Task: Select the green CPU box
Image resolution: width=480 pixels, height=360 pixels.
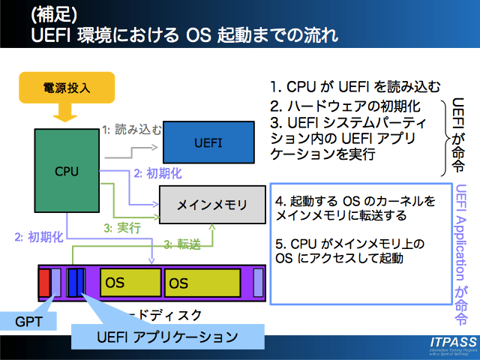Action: click(66, 170)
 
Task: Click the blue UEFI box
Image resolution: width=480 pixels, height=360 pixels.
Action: click(208, 142)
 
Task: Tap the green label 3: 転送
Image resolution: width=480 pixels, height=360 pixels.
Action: click(182, 244)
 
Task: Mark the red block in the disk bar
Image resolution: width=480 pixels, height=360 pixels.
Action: click(44, 283)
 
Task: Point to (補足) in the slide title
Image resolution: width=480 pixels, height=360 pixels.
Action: click(52, 13)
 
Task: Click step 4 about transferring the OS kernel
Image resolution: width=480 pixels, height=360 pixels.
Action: click(355, 209)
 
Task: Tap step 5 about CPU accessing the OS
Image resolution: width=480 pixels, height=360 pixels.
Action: click(349, 251)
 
